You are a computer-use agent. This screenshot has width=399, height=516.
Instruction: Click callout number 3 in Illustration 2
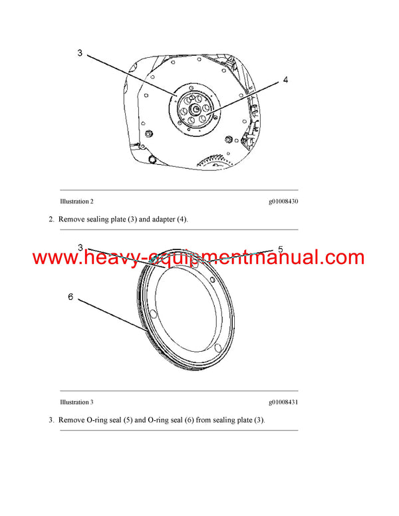click(x=80, y=53)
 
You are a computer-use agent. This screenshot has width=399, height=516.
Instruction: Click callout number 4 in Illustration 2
click(x=285, y=80)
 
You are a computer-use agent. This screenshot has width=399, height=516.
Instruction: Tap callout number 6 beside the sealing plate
click(x=70, y=297)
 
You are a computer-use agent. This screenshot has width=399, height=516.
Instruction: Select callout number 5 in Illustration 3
click(x=281, y=249)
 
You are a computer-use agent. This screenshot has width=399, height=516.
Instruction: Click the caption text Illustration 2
click(x=76, y=201)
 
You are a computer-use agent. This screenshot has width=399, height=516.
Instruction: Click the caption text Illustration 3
click(x=76, y=402)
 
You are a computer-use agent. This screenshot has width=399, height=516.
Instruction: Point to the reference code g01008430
click(x=283, y=201)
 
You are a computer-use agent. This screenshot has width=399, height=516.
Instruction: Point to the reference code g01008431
click(x=283, y=402)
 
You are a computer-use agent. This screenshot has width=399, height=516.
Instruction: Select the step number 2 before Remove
click(x=51, y=219)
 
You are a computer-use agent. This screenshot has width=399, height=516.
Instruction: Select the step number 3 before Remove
click(x=51, y=420)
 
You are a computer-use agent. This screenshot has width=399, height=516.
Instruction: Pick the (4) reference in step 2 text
click(x=182, y=219)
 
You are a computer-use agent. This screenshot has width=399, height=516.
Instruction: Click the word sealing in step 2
click(x=100, y=219)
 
